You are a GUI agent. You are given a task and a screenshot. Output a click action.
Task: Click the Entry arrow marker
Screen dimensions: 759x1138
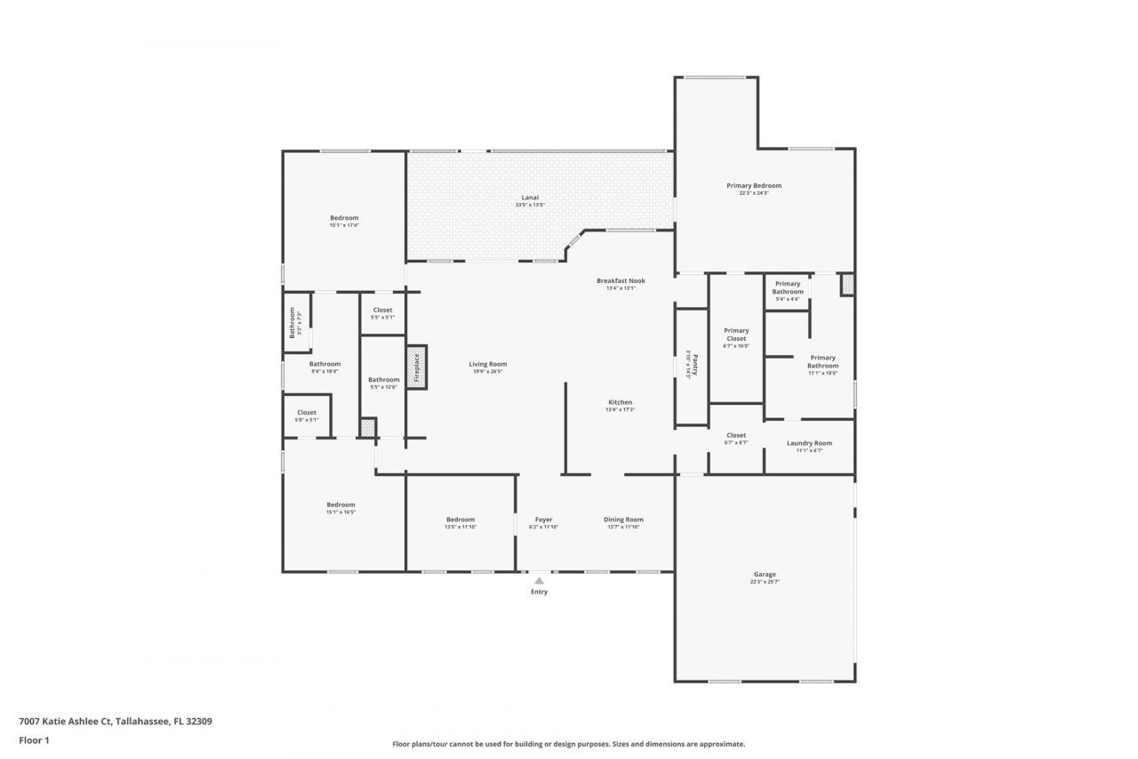[539, 581]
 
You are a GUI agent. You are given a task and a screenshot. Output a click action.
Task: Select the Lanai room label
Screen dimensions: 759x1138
[530, 198]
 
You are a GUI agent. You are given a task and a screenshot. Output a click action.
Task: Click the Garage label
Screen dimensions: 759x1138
[765, 575]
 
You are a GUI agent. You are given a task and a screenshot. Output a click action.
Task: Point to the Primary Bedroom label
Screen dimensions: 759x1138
[754, 186]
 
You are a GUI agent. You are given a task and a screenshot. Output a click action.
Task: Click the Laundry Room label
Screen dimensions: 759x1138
[809, 443]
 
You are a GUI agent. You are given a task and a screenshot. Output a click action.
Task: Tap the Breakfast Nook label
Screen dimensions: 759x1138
[621, 281]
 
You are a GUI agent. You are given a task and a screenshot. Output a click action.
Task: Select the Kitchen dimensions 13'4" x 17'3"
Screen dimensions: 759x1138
[621, 410]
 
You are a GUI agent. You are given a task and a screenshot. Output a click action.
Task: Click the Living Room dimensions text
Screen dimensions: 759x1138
[488, 372]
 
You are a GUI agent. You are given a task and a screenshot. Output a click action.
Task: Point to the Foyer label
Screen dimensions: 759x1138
[543, 520]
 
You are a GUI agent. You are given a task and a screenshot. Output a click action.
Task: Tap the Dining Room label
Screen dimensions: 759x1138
[623, 520]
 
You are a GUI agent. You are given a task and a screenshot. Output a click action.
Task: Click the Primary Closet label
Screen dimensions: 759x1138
[736, 334]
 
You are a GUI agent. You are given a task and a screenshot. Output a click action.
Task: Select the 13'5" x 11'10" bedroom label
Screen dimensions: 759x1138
[461, 523]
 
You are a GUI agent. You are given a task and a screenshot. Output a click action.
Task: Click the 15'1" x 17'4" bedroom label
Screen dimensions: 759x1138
[344, 222]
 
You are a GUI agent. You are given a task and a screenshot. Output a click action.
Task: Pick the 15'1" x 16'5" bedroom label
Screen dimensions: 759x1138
[341, 508]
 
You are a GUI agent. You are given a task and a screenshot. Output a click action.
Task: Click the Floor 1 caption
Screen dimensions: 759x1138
[34, 739]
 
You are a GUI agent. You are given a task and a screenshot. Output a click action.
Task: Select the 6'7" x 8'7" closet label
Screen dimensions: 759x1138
[736, 439]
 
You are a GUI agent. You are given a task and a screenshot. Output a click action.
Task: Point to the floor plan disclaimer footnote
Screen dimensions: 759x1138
[569, 744]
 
